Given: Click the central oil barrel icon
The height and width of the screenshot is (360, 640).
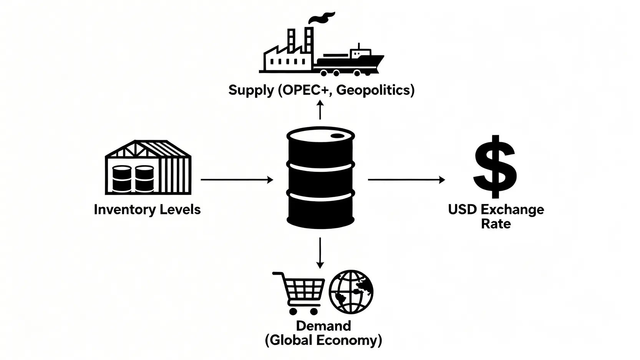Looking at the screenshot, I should click(x=320, y=178).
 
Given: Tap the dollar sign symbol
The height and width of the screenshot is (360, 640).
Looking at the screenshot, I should click(x=495, y=166).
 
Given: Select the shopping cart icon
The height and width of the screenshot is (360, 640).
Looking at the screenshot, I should click(x=299, y=292).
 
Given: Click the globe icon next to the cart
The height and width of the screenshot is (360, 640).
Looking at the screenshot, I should click(x=351, y=292).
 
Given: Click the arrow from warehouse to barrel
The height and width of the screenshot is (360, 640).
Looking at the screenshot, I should click(x=237, y=179).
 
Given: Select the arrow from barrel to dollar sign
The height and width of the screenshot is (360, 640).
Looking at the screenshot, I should click(x=406, y=179).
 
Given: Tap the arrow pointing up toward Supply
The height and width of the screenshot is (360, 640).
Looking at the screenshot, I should click(x=320, y=110).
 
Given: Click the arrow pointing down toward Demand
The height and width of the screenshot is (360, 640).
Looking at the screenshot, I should click(x=320, y=252).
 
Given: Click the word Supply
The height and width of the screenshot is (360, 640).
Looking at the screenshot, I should click(x=251, y=90).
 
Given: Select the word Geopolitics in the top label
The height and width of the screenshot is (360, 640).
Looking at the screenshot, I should click(x=375, y=90).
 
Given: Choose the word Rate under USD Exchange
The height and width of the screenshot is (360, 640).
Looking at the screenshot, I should click(x=496, y=224).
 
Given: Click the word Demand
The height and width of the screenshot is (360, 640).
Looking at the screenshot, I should click(x=323, y=326).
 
